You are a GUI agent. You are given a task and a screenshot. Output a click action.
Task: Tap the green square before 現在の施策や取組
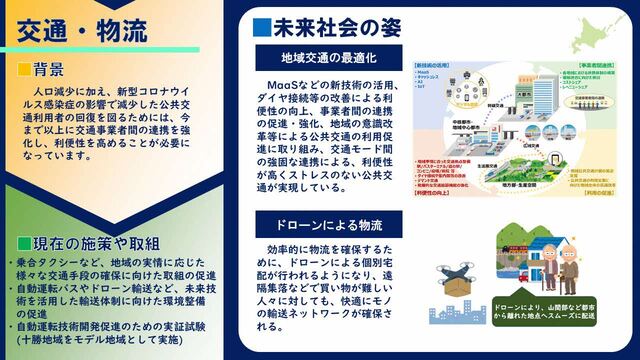click(x=23, y=244)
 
